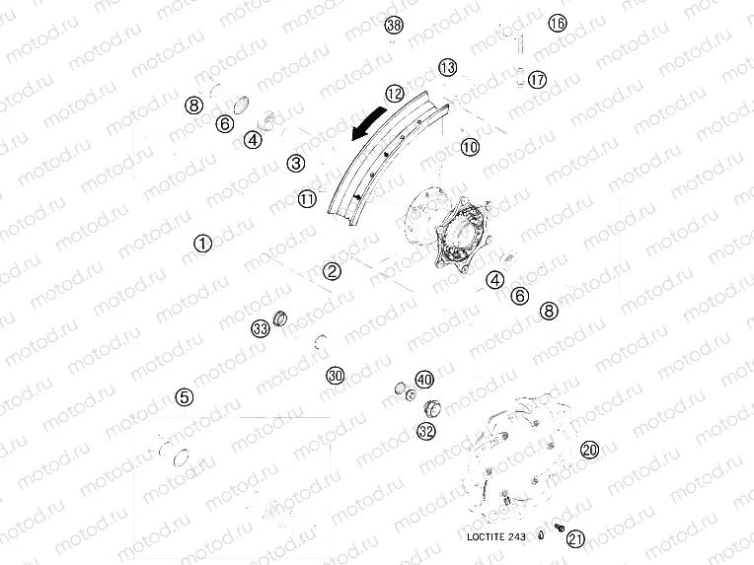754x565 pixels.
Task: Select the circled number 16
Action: pyautogui.click(x=558, y=23)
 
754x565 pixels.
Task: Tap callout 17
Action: pyautogui.click(x=537, y=80)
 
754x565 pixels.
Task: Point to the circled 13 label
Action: pyautogui.click(x=449, y=67)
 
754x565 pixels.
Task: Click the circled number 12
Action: pyautogui.click(x=395, y=94)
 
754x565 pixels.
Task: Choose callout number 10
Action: pyautogui.click(x=469, y=147)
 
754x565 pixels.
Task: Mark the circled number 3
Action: pyautogui.click(x=296, y=163)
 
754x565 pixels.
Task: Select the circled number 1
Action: pyautogui.click(x=202, y=243)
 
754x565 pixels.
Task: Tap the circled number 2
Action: pyautogui.click(x=333, y=271)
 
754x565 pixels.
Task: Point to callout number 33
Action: pyautogui.click(x=260, y=328)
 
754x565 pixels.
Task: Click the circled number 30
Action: pyautogui.click(x=336, y=376)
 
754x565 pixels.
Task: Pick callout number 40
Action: pyautogui.click(x=424, y=380)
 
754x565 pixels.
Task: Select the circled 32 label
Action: pyautogui.click(x=426, y=431)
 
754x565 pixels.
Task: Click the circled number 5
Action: pyautogui.click(x=184, y=397)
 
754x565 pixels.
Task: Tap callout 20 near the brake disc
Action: pyautogui.click(x=589, y=450)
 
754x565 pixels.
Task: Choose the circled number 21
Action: pyautogui.click(x=576, y=537)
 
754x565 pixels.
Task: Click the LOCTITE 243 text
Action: pyautogui.click(x=496, y=536)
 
